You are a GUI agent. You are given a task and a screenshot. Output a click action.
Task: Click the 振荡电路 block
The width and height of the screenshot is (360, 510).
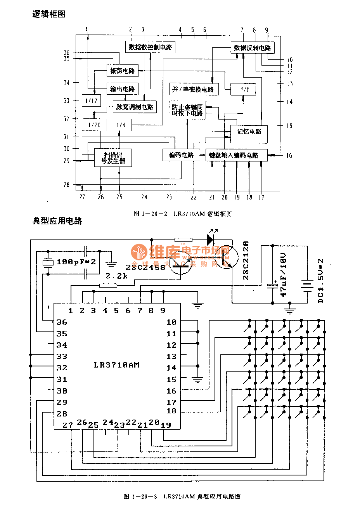coord(123,71)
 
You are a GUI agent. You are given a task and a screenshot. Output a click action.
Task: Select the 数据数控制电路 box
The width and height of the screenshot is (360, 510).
coord(150,47)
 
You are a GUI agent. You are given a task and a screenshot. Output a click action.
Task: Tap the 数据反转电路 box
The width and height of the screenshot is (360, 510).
coord(253,48)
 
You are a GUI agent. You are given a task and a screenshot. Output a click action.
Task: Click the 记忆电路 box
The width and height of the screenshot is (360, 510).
coord(249,132)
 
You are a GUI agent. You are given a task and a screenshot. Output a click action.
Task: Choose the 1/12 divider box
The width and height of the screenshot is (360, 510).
coord(91,101)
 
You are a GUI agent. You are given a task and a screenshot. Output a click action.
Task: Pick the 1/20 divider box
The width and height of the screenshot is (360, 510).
coord(94,125)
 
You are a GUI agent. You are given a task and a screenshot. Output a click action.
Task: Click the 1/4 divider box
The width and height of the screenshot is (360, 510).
coord(121,125)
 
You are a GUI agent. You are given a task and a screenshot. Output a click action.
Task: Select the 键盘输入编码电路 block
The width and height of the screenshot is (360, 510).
coord(236,155)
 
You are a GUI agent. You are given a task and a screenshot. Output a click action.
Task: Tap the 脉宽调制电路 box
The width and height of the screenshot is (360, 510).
coord(135,107)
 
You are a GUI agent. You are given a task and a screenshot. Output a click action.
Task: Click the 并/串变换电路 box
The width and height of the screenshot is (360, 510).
coord(193,89)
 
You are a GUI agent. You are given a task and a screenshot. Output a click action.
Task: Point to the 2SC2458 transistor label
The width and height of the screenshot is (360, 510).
coord(145,267)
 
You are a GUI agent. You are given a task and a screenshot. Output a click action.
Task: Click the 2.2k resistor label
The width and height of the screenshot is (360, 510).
coord(116,276)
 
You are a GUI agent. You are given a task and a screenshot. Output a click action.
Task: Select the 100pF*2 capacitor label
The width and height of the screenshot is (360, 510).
coord(76,262)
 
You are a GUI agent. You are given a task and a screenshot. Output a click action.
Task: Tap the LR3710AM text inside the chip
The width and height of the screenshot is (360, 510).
coord(116,365)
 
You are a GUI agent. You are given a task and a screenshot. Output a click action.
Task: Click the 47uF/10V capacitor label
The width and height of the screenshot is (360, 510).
coord(284,274)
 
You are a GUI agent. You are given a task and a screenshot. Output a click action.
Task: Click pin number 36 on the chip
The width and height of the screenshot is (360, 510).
coord(62,322)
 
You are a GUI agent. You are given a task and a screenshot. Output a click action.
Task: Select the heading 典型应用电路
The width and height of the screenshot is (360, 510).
coord(57,221)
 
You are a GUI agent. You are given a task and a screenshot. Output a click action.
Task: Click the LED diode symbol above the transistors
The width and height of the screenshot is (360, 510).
coord(212,238)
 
